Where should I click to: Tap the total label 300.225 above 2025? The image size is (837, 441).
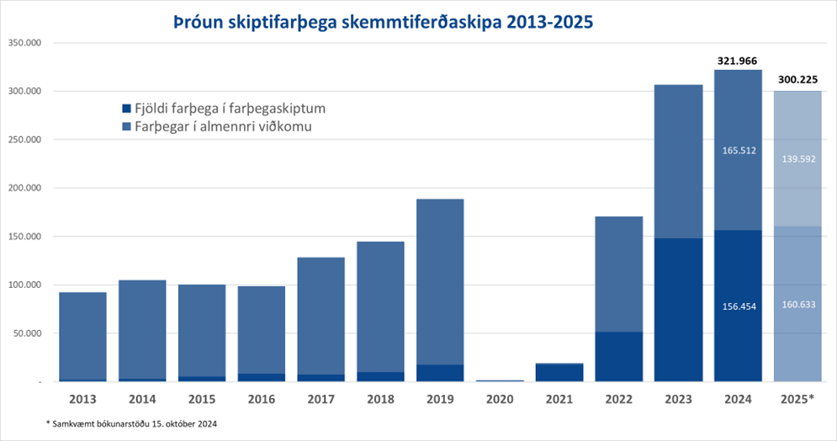click(x=797, y=79)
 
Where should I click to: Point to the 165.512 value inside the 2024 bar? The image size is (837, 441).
click(x=739, y=151)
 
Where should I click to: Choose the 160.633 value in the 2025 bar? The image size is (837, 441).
click(x=797, y=304)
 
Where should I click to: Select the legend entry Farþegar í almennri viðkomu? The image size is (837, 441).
click(x=216, y=127)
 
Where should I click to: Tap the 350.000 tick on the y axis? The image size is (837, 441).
click(x=24, y=42)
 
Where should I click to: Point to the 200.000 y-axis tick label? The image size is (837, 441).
click(x=24, y=188)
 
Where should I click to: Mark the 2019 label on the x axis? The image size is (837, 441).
click(x=440, y=396)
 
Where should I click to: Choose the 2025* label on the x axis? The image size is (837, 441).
click(x=797, y=396)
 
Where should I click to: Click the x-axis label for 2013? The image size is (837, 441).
click(x=82, y=396)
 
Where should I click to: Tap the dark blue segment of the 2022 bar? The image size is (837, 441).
click(x=619, y=356)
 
